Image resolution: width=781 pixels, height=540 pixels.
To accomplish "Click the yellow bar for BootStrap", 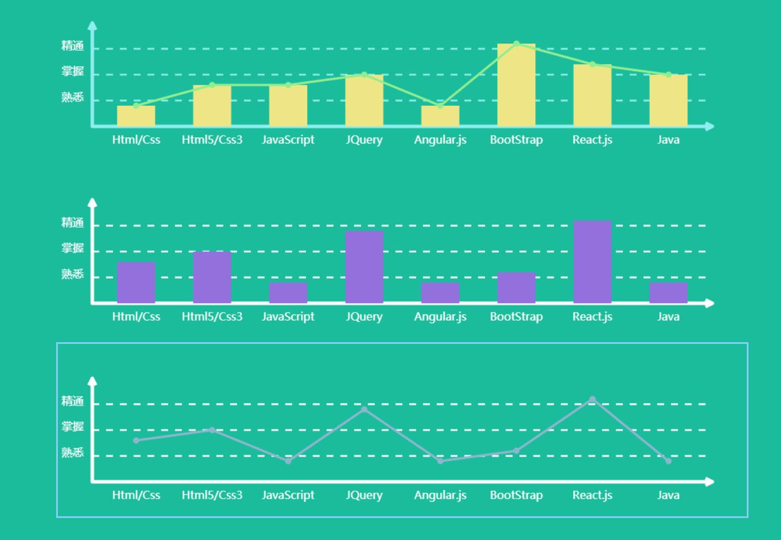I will pyautogui.click(x=516, y=85).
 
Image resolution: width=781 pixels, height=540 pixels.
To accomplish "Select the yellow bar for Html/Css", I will pyautogui.click(x=136, y=116).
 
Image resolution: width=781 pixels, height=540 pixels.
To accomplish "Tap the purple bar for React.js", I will pyautogui.click(x=593, y=262).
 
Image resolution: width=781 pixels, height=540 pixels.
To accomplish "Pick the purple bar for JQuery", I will pyautogui.click(x=364, y=267).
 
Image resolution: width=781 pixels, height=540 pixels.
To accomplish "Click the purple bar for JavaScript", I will pyautogui.click(x=288, y=293).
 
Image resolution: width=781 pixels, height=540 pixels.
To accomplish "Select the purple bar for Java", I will pyautogui.click(x=669, y=293).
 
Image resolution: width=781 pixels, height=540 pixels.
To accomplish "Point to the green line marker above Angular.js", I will pyautogui.click(x=440, y=106).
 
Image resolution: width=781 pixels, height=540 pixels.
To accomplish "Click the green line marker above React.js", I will pyautogui.click(x=593, y=64).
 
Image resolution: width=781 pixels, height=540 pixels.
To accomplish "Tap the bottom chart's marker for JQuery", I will pyautogui.click(x=364, y=409).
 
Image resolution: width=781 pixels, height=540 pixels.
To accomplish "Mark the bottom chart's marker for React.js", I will pyautogui.click(x=593, y=399).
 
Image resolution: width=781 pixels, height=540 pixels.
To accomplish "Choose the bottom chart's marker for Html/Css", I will pyautogui.click(x=136, y=440).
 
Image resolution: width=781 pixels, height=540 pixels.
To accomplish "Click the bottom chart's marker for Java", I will pyautogui.click(x=669, y=461).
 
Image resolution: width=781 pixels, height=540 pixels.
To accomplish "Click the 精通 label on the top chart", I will pyautogui.click(x=73, y=46).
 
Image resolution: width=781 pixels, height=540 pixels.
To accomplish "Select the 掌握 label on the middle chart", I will pyautogui.click(x=73, y=248).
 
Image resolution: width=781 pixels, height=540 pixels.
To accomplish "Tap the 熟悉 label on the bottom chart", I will pyautogui.click(x=73, y=452).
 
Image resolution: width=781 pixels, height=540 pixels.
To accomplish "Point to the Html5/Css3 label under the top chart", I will pyautogui.click(x=212, y=140).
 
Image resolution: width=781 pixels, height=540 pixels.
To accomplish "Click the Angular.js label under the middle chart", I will pyautogui.click(x=440, y=317).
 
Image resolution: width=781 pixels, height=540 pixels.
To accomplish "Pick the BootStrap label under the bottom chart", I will pyautogui.click(x=516, y=495).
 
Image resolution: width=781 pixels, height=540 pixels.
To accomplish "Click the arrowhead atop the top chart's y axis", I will pyautogui.click(x=93, y=25).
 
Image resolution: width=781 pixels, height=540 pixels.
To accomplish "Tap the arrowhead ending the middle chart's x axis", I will pyautogui.click(x=710, y=303).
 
